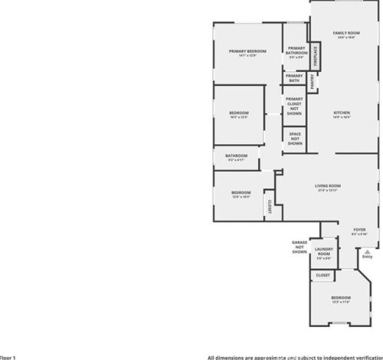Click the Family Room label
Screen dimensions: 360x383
[346, 34]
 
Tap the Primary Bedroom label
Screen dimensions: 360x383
[247, 51]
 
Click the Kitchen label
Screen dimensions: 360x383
[341, 113]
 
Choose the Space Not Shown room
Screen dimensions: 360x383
[294, 138]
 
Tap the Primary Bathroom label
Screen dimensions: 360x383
[296, 51]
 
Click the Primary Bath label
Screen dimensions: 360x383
[294, 77]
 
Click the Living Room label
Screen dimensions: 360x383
[328, 186]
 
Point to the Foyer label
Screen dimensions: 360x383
[359, 230]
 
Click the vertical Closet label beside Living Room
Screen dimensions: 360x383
[270, 207]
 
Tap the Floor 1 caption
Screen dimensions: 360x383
[8, 356]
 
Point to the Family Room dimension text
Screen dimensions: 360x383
[346, 39]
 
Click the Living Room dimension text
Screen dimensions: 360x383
[328, 191]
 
